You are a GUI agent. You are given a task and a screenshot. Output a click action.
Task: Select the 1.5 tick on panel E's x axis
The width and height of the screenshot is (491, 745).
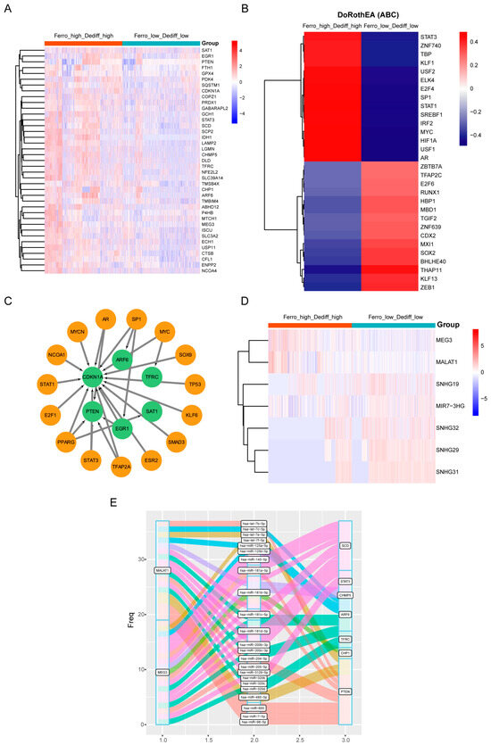coord(208,739)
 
